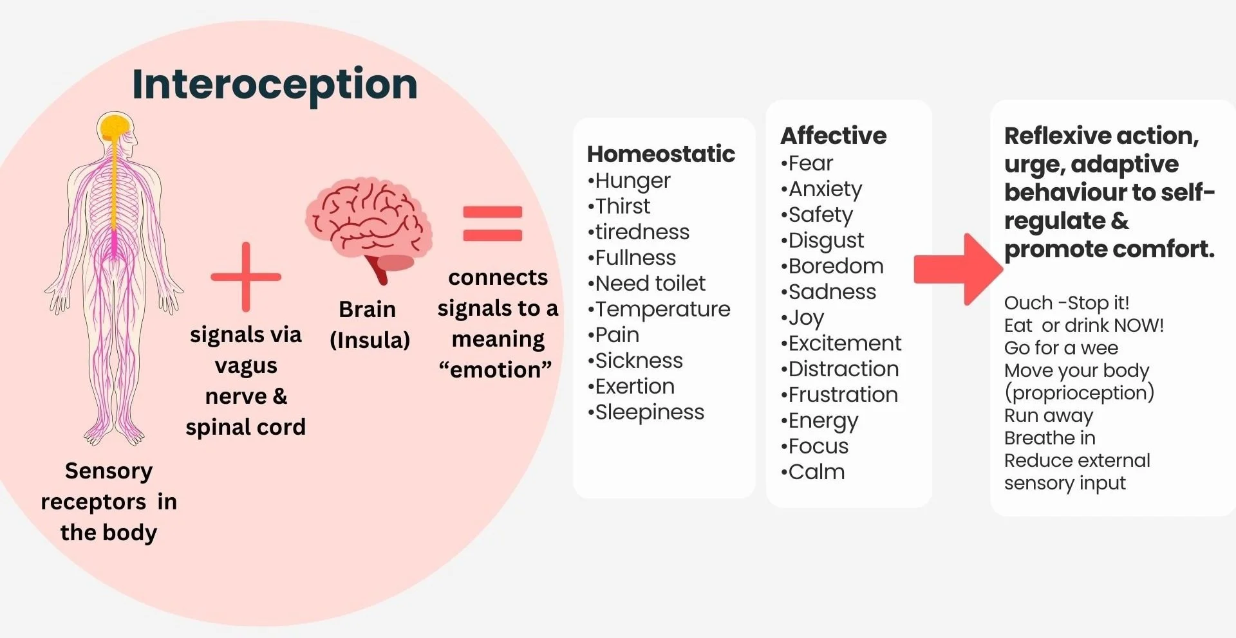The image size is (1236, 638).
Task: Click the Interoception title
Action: tap(275, 84)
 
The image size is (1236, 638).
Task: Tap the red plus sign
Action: tap(246, 277)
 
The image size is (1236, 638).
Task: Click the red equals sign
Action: tap(492, 223)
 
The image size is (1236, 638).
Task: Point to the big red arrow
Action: tap(958, 269)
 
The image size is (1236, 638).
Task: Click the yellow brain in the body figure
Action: tap(116, 126)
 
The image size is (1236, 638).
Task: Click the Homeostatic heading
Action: tap(660, 154)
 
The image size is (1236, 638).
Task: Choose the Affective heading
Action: tap(833, 136)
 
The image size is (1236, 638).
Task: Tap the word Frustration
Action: tap(843, 394)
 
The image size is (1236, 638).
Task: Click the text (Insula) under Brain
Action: tap(370, 340)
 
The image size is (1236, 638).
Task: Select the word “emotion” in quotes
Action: tap(495, 370)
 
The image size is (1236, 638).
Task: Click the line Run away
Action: tap(1048, 415)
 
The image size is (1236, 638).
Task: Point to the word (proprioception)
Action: tap(1079, 393)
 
